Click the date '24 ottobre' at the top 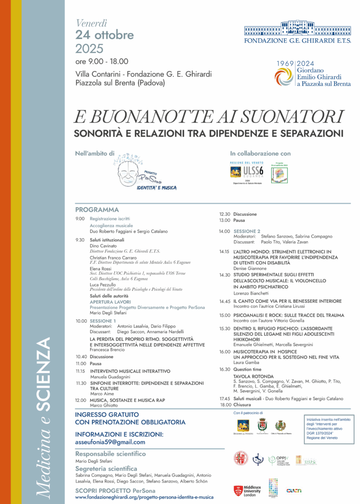click(x=104, y=35)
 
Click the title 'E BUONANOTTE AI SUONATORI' click(x=208, y=117)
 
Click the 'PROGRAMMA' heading click(x=97, y=210)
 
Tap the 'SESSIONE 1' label click(x=103, y=321)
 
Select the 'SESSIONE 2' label click(x=247, y=231)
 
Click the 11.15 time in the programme click(x=81, y=371)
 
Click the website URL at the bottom click(x=144, y=497)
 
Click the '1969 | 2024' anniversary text click(x=295, y=64)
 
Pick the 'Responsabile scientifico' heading click(x=110, y=453)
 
